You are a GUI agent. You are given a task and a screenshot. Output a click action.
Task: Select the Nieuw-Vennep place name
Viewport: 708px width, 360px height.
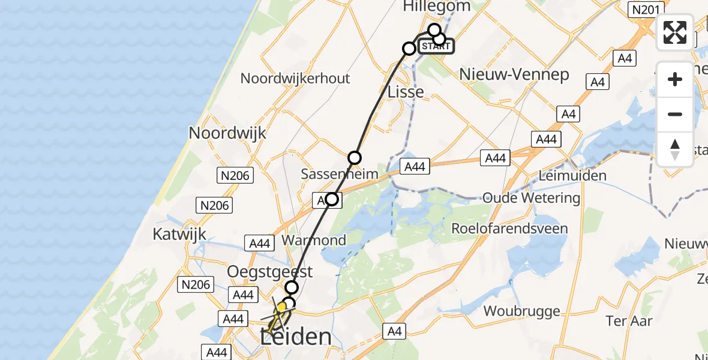[x=514, y=75]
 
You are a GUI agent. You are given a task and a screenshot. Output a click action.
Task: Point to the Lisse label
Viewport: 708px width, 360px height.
[x=406, y=92]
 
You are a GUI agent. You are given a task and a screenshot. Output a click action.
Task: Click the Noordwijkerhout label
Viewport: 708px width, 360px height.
[x=295, y=79]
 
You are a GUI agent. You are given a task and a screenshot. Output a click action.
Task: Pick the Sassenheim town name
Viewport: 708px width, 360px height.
[x=340, y=175]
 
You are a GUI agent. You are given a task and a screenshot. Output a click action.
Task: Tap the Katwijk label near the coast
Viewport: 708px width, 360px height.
[x=179, y=234]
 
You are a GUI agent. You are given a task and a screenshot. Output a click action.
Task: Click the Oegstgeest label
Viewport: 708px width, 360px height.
[x=270, y=272]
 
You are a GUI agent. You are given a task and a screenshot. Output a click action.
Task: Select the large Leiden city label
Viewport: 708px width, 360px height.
[x=296, y=337]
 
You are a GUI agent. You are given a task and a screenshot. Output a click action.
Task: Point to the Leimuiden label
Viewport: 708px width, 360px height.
[x=572, y=176]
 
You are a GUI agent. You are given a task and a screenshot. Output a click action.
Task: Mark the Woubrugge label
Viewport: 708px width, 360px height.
[x=521, y=311]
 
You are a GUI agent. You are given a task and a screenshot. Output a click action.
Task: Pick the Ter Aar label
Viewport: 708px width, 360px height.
[x=629, y=321]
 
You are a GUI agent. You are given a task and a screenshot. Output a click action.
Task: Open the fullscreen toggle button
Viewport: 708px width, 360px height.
[x=675, y=32]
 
